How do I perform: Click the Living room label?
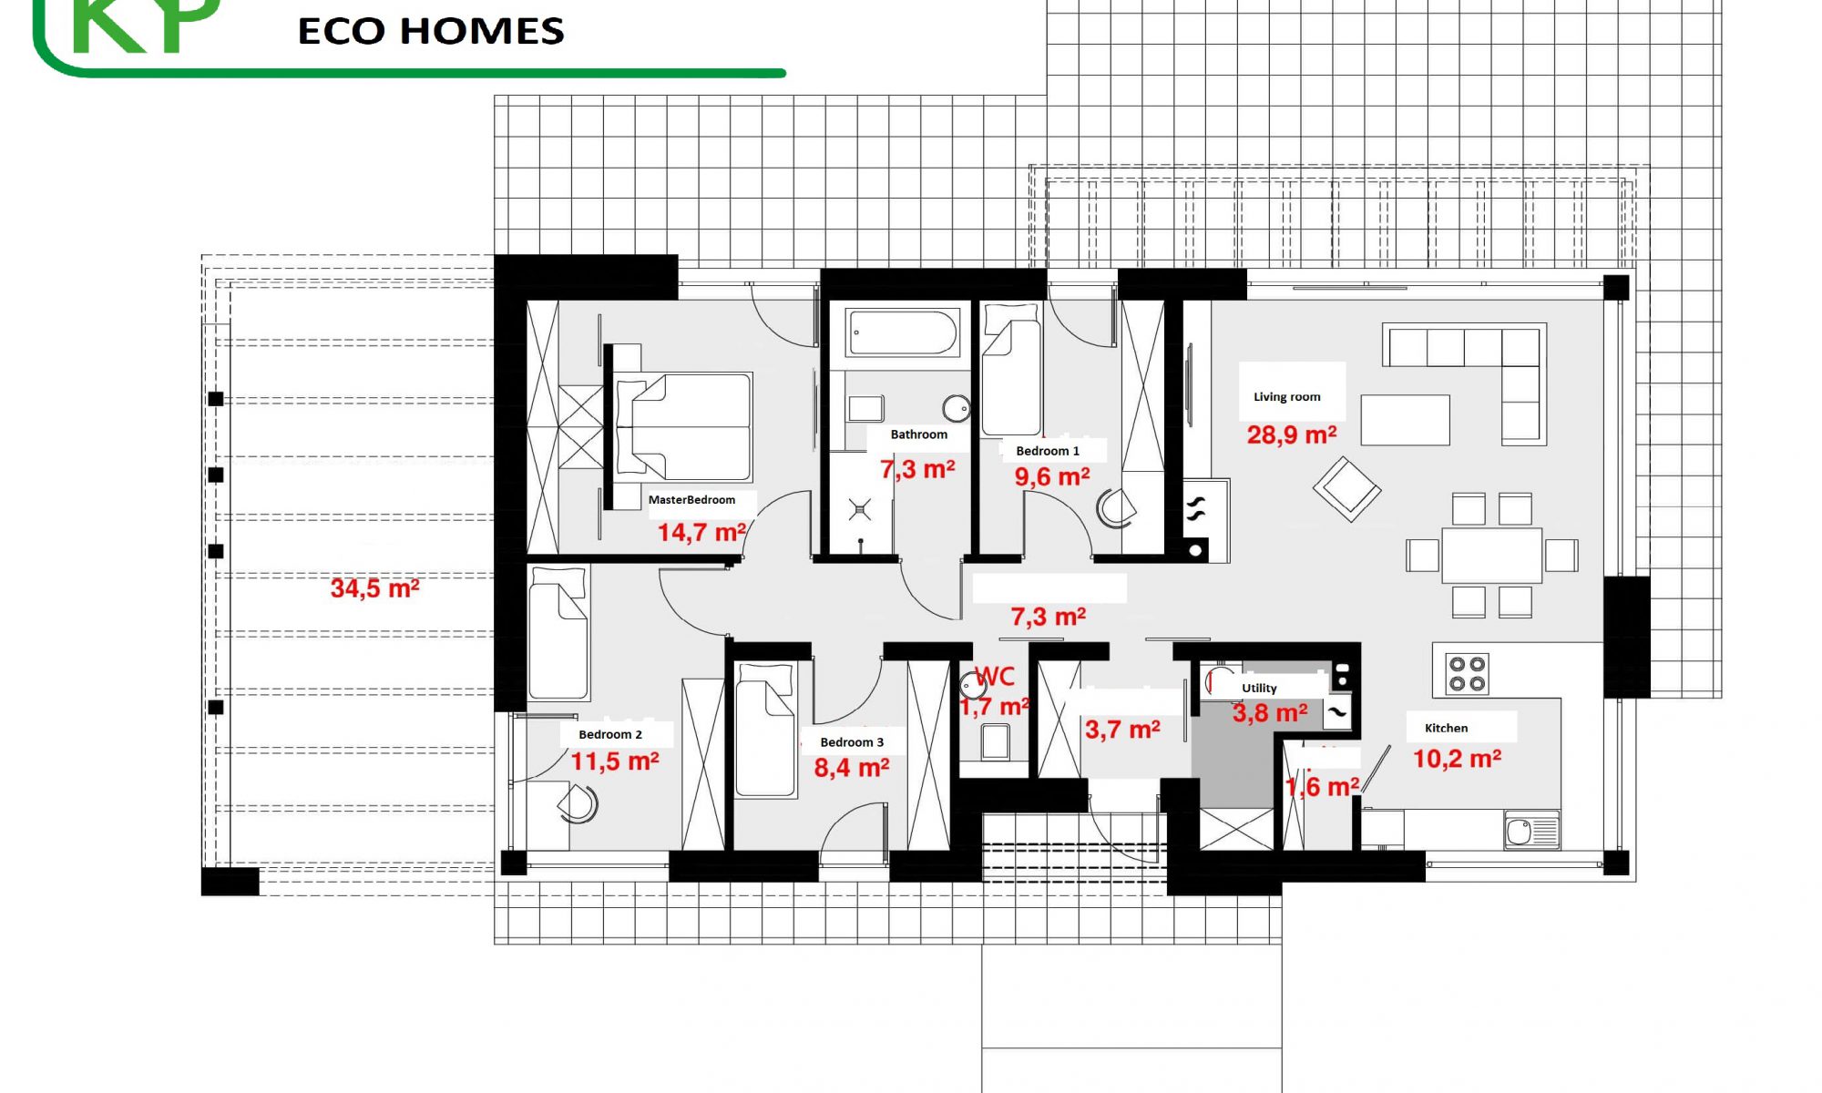1286,397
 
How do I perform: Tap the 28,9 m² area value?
1292,434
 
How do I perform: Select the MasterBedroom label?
691,500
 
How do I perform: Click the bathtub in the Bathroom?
902,332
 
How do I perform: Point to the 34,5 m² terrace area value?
374,588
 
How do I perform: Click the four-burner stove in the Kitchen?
1468,674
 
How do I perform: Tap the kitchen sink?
1531,831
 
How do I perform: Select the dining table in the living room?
1492,556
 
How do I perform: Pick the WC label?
995,677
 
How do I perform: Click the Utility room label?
1259,689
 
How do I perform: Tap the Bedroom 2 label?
610,735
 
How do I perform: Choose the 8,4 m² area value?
852,768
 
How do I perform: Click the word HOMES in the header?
483,31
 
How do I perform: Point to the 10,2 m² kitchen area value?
1457,758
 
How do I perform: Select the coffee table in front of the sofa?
1406,420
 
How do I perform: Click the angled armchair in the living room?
1347,489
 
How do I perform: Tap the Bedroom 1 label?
1048,452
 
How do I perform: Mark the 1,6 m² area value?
1322,787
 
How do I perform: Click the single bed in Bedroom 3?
766,730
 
